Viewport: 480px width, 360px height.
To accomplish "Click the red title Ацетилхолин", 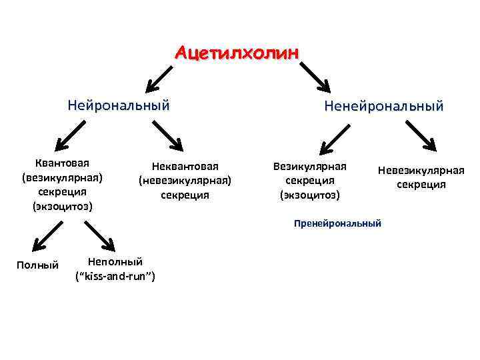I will coord(237,52).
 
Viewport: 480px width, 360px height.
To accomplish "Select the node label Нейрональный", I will coord(119,105).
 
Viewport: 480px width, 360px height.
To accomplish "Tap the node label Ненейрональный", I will coord(383,106).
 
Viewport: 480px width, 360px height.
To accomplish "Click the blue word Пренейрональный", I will coord(337,223).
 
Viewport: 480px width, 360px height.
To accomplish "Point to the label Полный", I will coord(37,265).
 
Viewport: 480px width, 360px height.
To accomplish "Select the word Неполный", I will coord(115,262).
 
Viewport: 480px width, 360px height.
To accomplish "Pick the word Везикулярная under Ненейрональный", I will coord(309,166).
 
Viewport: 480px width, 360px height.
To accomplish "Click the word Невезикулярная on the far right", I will coord(421,170).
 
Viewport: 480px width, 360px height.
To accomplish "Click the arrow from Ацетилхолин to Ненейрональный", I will coord(315,77).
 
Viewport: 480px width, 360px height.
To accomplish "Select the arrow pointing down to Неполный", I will coord(100,236).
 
